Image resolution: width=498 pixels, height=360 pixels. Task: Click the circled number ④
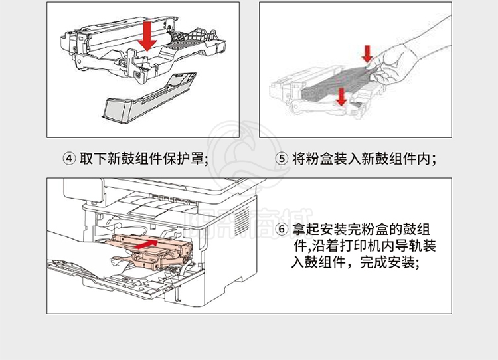point(69,159)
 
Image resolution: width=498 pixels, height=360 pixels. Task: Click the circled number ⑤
point(282,159)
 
